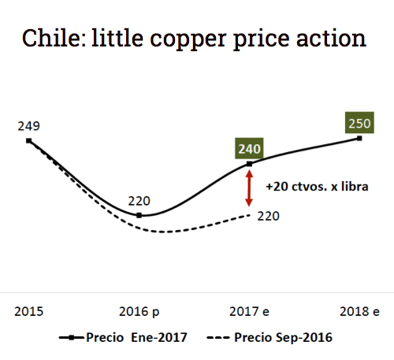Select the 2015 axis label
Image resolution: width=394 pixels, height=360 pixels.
(29, 311)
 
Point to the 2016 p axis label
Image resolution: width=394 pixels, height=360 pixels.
(140, 311)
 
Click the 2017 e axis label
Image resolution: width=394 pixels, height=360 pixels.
(250, 311)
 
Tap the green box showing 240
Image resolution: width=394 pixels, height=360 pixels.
(250, 148)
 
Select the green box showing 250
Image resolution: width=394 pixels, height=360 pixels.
(360, 124)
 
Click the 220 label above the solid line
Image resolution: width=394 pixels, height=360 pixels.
(139, 201)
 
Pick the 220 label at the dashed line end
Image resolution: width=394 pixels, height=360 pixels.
(269, 215)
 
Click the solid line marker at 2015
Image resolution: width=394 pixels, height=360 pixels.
(29, 141)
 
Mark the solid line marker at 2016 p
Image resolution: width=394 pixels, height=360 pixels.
(139, 215)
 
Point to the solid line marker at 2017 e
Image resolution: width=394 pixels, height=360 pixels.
(250, 164)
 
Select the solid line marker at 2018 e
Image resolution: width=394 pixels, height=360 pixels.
(360, 139)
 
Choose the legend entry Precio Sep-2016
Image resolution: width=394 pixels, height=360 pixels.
(269, 337)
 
